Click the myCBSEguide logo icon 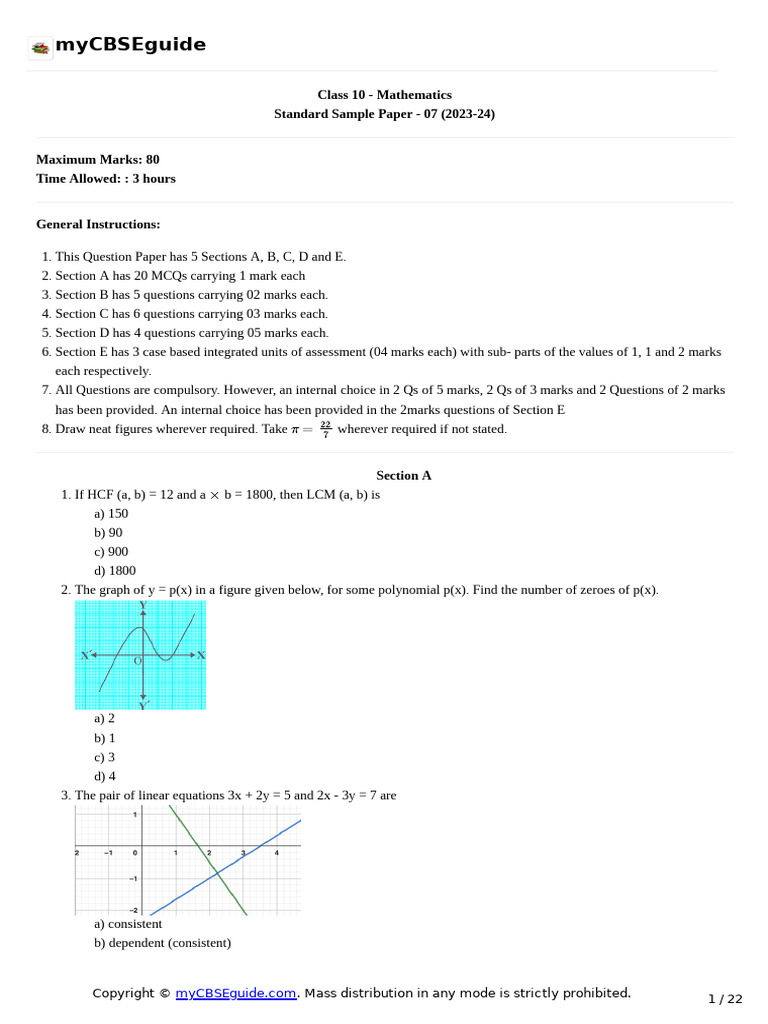40,47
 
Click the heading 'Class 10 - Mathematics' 384,95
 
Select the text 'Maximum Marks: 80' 98,159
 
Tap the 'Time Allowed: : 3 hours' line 106,179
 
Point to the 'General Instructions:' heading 98,224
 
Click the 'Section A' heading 404,475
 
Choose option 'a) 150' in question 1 111,513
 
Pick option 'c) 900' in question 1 111,551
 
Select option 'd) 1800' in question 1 114,570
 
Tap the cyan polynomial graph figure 140,655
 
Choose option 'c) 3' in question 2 104,757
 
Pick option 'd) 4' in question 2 104,776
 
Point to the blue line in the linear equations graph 270,840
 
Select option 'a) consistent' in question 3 128,924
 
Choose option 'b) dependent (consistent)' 162,943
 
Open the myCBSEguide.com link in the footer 236,993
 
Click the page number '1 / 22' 725,999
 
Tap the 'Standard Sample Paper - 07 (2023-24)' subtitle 384,114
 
